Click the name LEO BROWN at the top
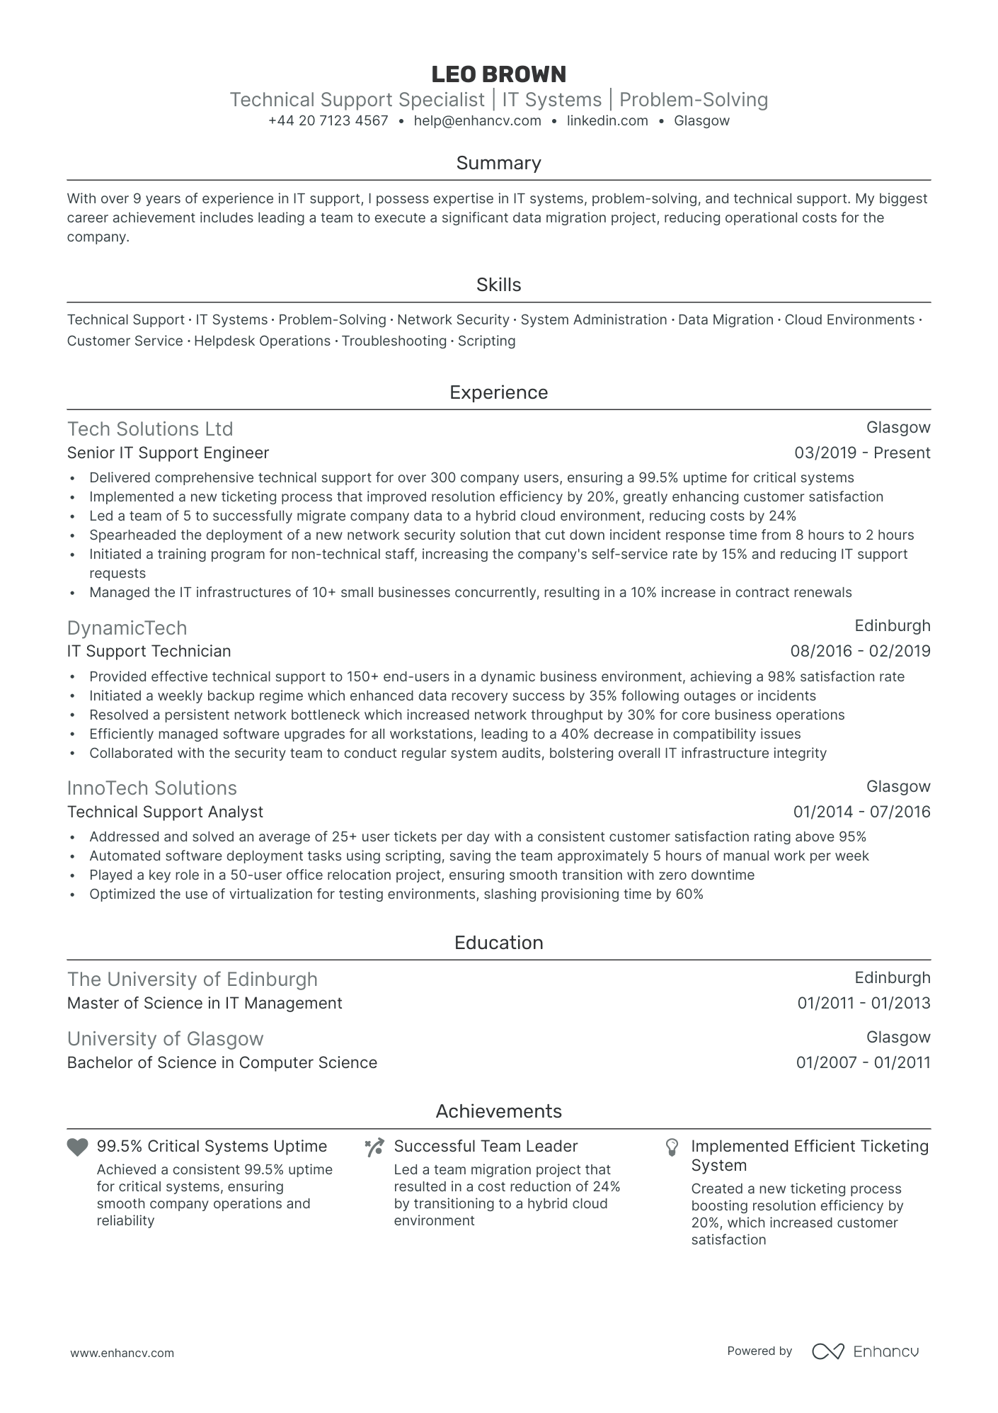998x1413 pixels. point(498,74)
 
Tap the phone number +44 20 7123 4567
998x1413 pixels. point(328,120)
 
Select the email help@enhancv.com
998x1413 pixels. point(477,120)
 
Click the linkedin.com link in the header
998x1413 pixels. point(607,120)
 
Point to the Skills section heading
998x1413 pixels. point(498,285)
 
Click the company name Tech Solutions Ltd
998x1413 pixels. point(150,429)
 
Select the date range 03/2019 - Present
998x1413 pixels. point(862,453)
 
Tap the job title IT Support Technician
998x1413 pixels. point(149,651)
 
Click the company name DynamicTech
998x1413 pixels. point(127,628)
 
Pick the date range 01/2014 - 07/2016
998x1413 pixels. point(861,812)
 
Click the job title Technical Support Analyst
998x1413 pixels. point(165,812)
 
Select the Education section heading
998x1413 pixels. point(498,943)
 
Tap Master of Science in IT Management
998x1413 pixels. point(205,1003)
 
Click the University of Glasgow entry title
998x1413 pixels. point(165,1039)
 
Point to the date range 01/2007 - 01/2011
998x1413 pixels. point(863,1062)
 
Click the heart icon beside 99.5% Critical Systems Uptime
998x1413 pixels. point(77,1147)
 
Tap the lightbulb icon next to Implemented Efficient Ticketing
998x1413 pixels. point(672,1147)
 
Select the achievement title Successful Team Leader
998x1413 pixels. point(486,1146)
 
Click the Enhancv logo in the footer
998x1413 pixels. point(865,1351)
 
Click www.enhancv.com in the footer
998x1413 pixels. point(122,1353)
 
